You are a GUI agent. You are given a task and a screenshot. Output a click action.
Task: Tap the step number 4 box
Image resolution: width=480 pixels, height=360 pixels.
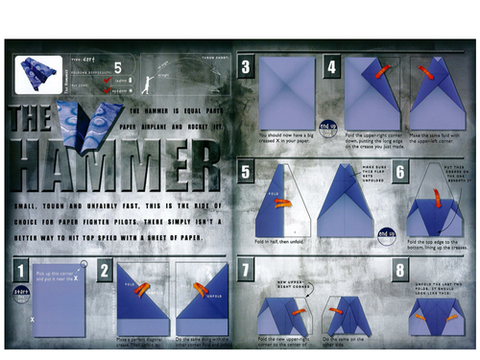pyautogui.click(x=330, y=67)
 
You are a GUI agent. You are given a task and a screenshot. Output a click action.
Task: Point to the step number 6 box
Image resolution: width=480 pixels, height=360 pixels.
pyautogui.click(x=401, y=173)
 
